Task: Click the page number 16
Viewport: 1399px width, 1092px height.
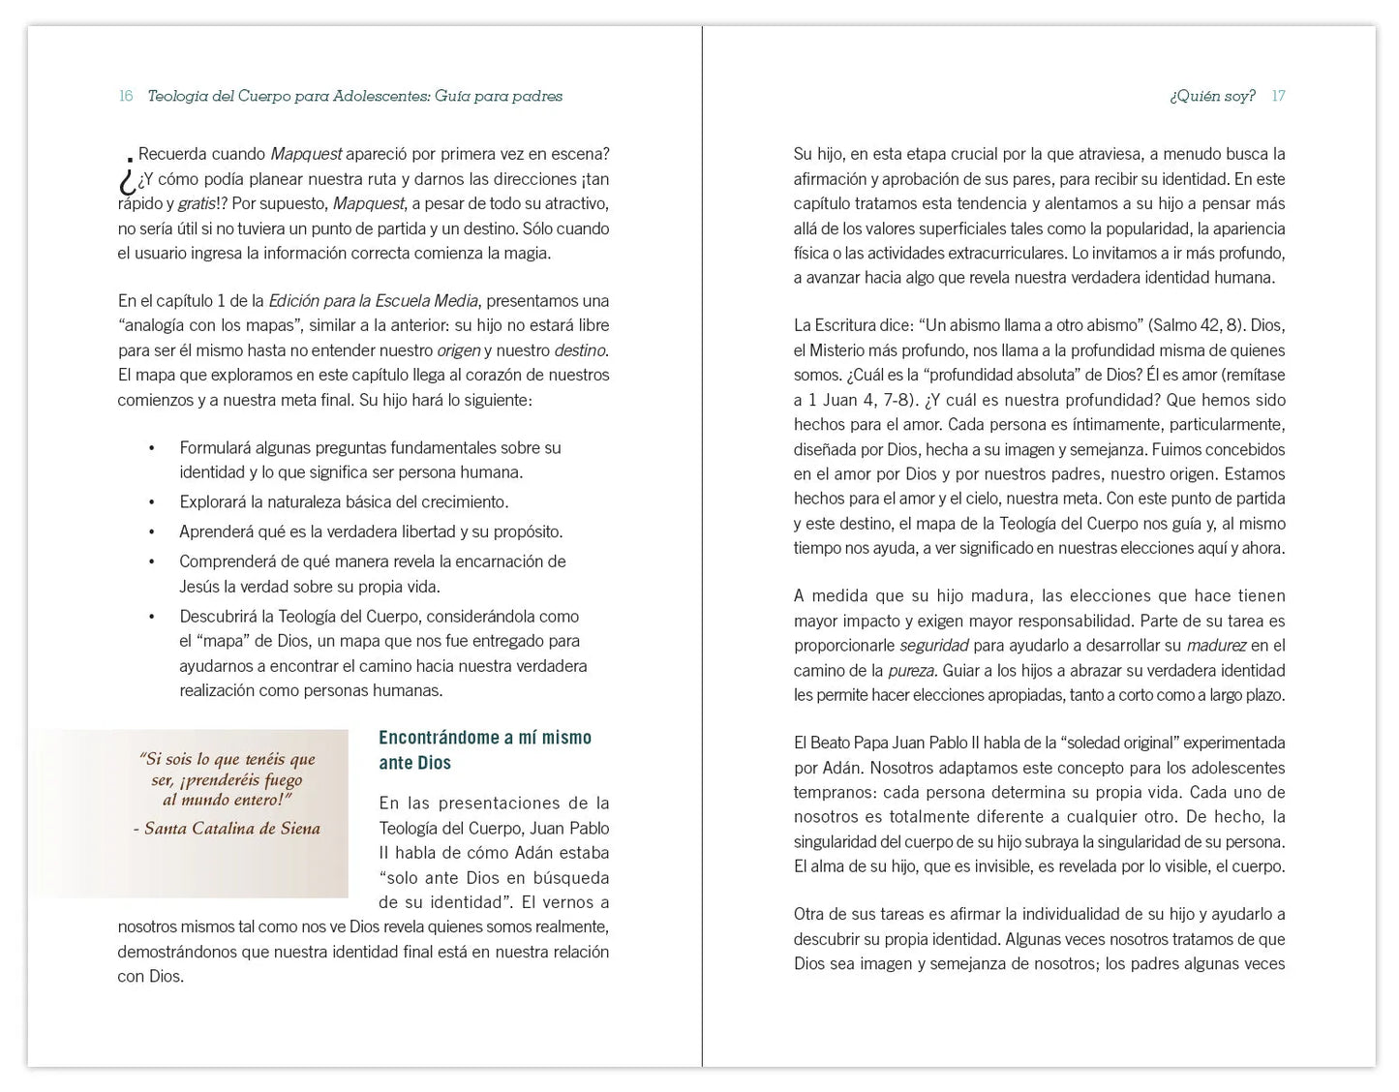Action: [126, 96]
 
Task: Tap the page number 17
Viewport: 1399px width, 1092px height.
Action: [1278, 96]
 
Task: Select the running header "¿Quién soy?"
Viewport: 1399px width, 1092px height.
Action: [1212, 96]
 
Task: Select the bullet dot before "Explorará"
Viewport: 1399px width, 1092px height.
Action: [151, 502]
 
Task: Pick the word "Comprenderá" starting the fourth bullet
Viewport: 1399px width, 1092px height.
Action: [226, 561]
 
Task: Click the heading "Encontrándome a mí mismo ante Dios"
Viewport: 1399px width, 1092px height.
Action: [484, 750]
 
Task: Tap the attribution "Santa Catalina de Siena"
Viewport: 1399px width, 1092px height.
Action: [232, 828]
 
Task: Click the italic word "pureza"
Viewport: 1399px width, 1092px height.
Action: [912, 670]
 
